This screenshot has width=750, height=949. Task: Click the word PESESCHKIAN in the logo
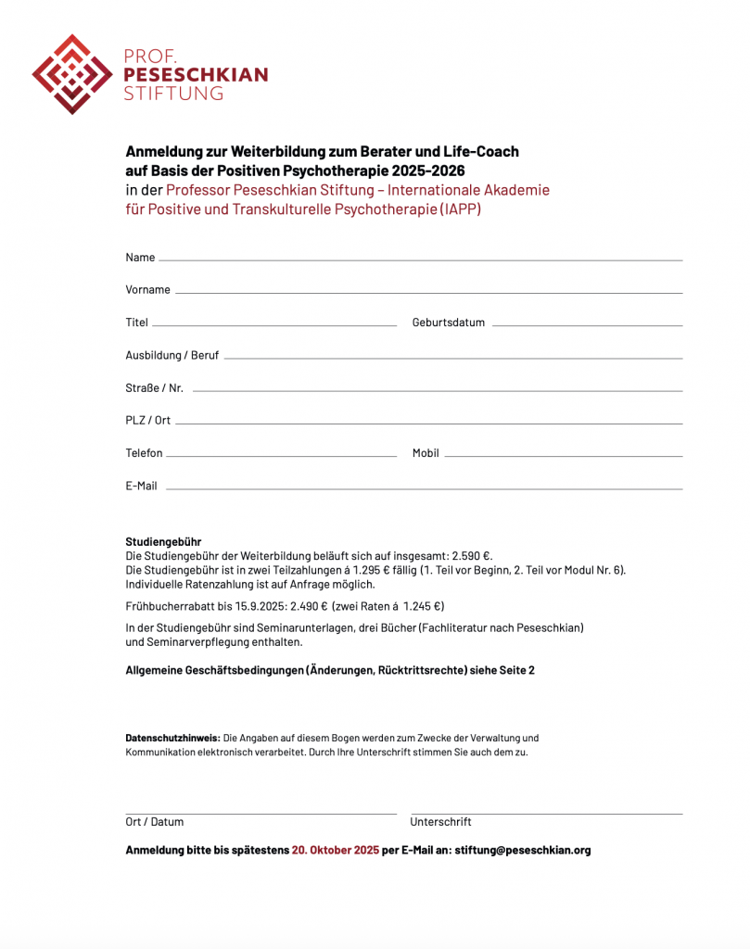(196, 75)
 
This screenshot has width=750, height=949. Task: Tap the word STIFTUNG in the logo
(173, 94)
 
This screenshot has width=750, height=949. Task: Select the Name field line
(420, 259)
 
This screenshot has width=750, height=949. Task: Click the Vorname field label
(147, 290)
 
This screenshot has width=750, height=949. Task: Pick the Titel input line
(273, 325)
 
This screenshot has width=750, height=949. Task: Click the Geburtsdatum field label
(448, 323)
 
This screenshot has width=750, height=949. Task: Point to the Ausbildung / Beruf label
(172, 355)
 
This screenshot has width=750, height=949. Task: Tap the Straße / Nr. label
(154, 387)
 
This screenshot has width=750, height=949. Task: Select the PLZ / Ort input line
(428, 424)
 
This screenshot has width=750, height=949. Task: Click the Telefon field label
(144, 453)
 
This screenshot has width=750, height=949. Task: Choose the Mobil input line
(563, 456)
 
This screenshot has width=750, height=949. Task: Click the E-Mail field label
(141, 486)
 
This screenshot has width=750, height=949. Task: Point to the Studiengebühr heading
(163, 541)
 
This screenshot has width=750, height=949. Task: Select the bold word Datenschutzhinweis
(172, 738)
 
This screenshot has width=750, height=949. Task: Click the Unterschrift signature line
(546, 813)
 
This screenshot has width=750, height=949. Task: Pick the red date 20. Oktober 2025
(335, 850)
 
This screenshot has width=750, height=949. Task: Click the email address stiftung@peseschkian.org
(522, 850)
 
